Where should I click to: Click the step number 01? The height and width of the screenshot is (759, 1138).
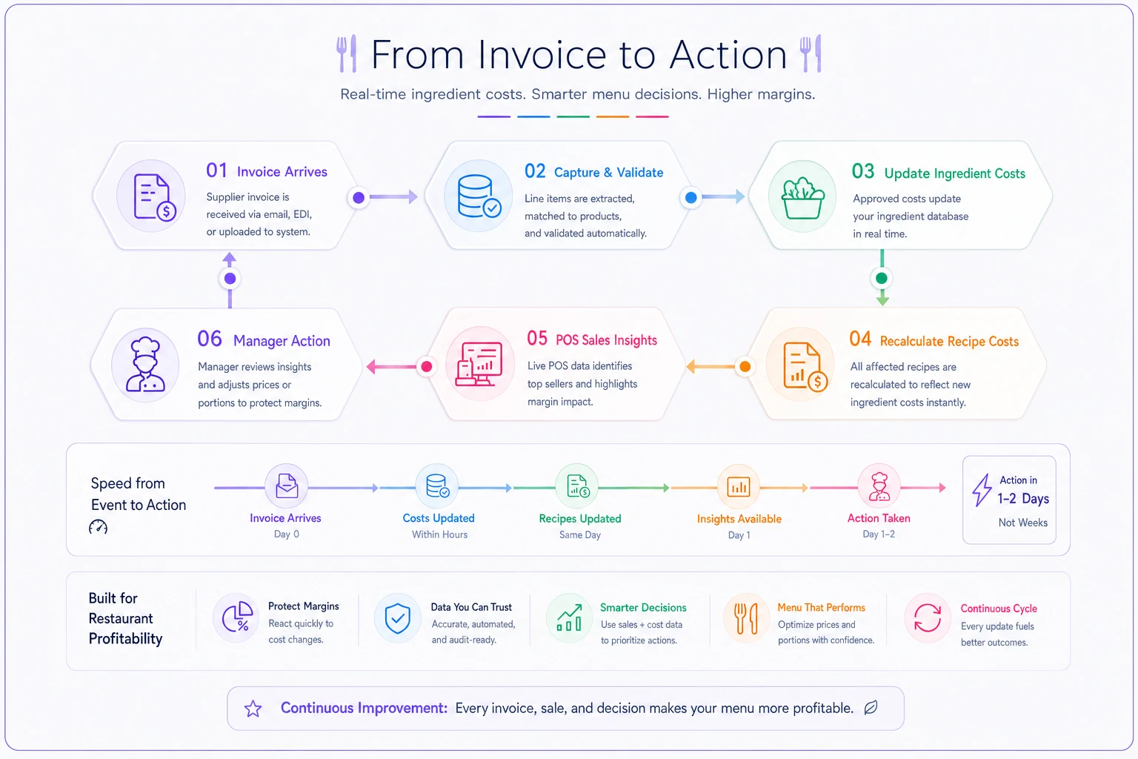tap(216, 170)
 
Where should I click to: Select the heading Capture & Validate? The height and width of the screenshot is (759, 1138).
tap(608, 173)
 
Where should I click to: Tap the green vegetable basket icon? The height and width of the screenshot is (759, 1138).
tap(802, 198)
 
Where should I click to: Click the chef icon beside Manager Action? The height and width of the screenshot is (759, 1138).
tap(145, 364)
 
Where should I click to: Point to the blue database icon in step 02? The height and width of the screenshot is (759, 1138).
tap(479, 196)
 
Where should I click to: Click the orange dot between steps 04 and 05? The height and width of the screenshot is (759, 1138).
tap(745, 367)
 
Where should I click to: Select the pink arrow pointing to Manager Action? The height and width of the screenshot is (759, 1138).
tap(392, 367)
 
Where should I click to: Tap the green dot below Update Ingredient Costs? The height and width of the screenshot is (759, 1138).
tap(882, 278)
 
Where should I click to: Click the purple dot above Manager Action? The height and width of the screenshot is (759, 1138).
tap(230, 279)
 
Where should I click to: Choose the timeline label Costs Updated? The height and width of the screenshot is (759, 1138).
tap(439, 518)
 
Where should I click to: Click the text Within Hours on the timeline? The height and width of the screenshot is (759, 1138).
tap(439, 534)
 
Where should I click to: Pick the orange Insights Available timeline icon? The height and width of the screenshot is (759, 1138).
tap(738, 486)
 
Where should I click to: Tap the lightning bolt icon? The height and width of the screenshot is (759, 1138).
tap(982, 490)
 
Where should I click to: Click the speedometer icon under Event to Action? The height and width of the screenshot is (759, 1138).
tap(98, 527)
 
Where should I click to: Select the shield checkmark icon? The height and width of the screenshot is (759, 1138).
tap(397, 618)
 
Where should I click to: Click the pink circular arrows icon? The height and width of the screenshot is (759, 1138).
tap(927, 618)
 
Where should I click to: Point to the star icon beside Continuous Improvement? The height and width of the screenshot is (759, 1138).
tap(253, 708)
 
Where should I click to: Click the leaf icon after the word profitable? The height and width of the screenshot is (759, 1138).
tap(871, 707)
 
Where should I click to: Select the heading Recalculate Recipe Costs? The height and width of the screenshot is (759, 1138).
tap(949, 341)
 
